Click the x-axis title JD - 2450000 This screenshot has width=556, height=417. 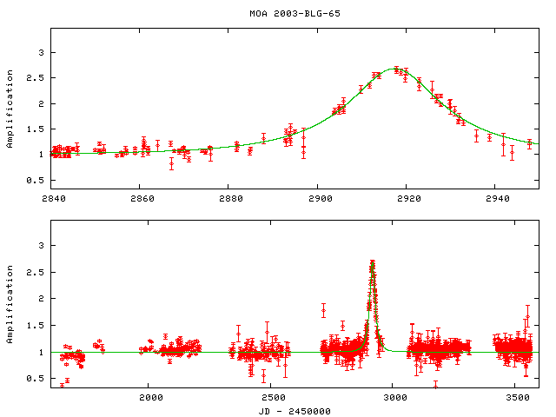point(294,410)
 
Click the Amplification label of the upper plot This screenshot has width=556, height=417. point(10,109)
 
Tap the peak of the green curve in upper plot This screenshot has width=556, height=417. point(397,69)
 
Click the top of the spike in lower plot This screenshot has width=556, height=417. point(372,261)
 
